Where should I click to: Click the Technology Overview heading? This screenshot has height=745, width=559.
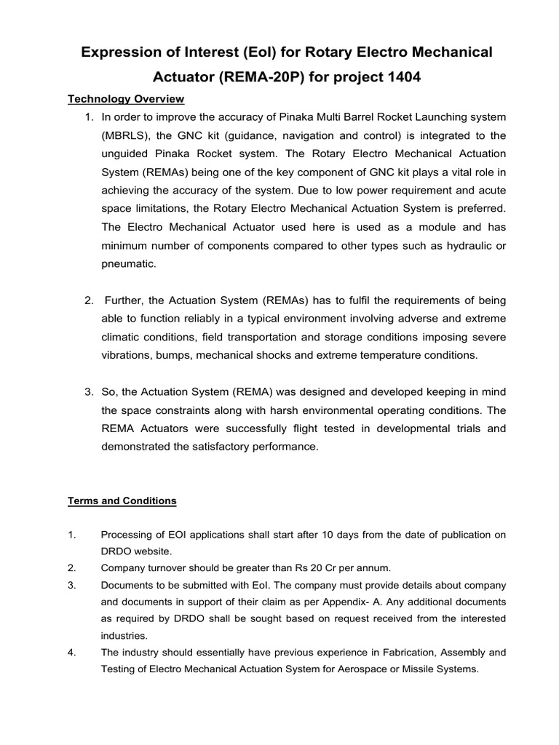pyautogui.click(x=126, y=99)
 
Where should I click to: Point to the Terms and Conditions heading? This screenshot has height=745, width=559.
pyautogui.click(x=122, y=501)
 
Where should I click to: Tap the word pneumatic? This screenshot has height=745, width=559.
pyautogui.click(x=127, y=263)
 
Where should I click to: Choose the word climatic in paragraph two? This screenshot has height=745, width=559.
pyautogui.click(x=123, y=337)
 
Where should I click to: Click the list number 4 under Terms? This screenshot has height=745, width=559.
pyautogui.click(x=72, y=653)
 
